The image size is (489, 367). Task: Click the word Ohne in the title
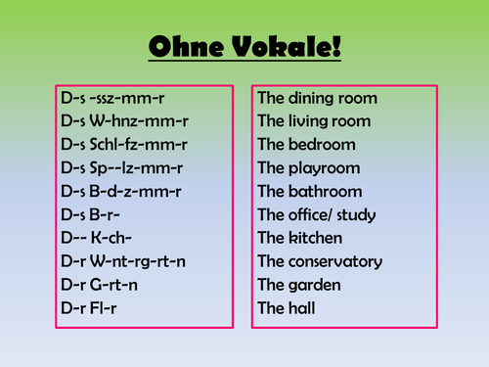click(x=186, y=48)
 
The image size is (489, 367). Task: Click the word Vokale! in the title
click(x=287, y=48)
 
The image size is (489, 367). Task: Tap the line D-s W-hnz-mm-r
click(x=120, y=121)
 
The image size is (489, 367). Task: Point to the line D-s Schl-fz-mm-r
click(x=123, y=145)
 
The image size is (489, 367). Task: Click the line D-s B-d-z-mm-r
click(x=120, y=192)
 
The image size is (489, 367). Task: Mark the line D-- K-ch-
click(x=96, y=239)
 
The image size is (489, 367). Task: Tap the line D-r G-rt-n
click(x=103, y=286)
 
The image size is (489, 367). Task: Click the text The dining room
click(x=317, y=98)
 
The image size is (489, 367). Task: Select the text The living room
click(x=314, y=121)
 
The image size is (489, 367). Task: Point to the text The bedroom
click(x=299, y=145)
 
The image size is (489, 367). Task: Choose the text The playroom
click(x=308, y=168)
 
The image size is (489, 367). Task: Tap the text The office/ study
click(x=317, y=215)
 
